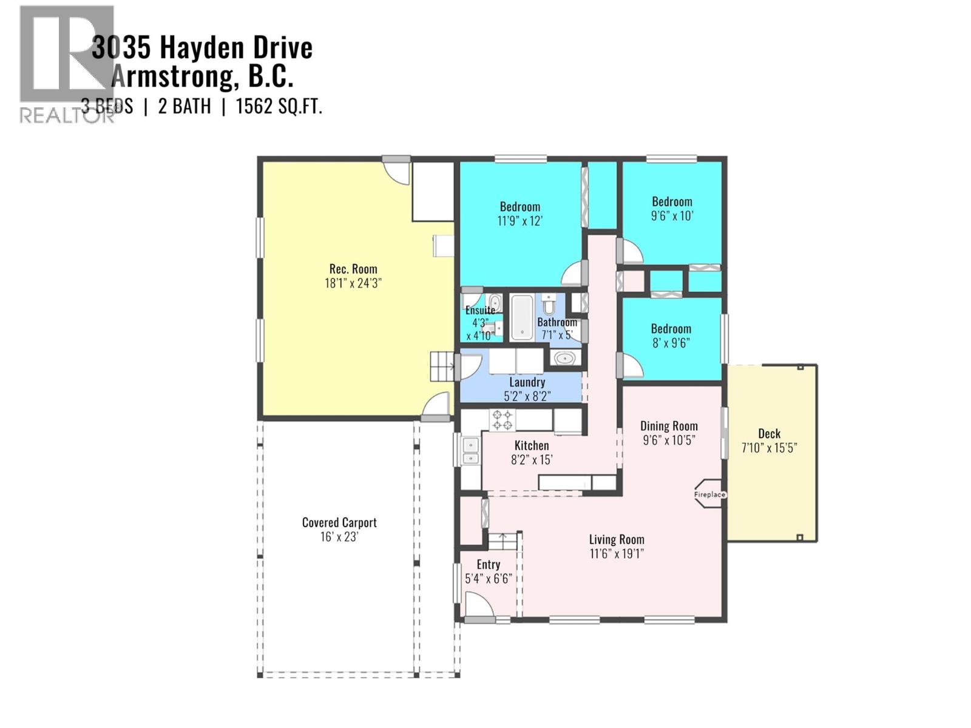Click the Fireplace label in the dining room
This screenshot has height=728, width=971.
tap(709, 494)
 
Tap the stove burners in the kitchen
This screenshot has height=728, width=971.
tap(502, 420)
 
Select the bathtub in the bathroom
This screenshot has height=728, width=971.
tap(521, 317)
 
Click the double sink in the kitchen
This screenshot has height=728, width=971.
tap(470, 451)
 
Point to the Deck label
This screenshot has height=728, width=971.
tap(769, 434)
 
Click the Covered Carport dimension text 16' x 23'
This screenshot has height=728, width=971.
tap(339, 537)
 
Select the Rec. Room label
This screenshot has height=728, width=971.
tap(353, 269)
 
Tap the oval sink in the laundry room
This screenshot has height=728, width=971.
tap(566, 358)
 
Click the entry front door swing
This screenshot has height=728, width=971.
tap(477, 605)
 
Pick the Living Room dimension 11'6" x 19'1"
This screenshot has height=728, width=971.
tap(617, 553)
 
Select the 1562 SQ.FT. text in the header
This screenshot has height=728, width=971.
tap(279, 107)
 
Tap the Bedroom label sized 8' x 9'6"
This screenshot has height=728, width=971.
tap(671, 329)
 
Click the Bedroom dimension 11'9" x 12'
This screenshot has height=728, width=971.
tap(519, 221)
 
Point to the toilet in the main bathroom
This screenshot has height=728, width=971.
tap(549, 303)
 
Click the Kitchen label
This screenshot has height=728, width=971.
tap(532, 446)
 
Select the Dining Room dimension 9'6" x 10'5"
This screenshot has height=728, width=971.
tap(669, 440)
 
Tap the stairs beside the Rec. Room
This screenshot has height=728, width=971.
tap(442, 366)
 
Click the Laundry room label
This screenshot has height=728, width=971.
tap(527, 382)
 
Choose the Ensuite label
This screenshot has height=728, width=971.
tap(480, 311)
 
